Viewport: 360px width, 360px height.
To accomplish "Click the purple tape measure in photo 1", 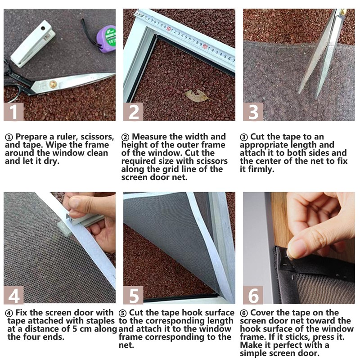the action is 106,37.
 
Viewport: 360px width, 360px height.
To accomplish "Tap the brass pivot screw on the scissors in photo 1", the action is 53,84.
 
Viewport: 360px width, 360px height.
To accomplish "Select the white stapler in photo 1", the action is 33,43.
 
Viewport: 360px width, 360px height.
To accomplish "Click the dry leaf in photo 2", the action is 197,95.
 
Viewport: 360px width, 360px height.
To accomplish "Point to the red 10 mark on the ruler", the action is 169,29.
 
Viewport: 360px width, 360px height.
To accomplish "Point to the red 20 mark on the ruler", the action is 205,46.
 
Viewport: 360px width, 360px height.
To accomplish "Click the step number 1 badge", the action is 13,112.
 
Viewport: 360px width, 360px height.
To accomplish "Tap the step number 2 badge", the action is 133,112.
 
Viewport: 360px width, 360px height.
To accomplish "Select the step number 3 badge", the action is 253,112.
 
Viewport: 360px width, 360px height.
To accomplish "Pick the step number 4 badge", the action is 13,295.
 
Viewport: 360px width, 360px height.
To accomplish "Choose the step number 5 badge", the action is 133,295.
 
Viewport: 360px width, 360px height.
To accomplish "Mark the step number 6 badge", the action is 253,295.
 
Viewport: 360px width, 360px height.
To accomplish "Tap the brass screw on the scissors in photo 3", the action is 343,12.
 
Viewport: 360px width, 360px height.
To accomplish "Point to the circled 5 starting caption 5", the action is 123,313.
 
